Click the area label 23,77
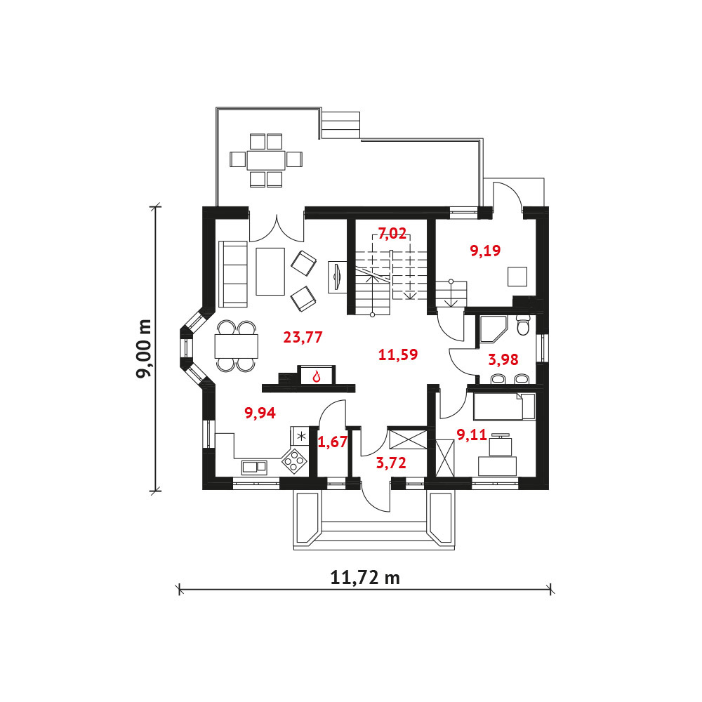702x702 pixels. (303, 337)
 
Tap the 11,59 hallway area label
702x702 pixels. (398, 355)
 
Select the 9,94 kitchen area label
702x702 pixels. (260, 413)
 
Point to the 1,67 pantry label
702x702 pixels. (332, 442)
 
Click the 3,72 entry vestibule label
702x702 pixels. (391, 463)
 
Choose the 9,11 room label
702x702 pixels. (472, 435)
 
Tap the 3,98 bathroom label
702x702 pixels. (503, 359)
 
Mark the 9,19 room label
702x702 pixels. (485, 251)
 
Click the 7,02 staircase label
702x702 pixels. (392, 233)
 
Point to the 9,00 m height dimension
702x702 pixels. (145, 349)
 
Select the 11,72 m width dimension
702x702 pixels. (365, 578)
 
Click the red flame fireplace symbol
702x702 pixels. (317, 376)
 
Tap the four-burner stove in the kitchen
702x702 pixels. (293, 461)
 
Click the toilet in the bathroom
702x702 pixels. (522, 325)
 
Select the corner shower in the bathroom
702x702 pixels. (493, 329)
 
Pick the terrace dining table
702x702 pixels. (266, 159)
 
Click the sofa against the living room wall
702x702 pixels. (233, 274)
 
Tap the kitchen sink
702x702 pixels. (254, 467)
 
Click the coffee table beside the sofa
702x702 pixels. (270, 271)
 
